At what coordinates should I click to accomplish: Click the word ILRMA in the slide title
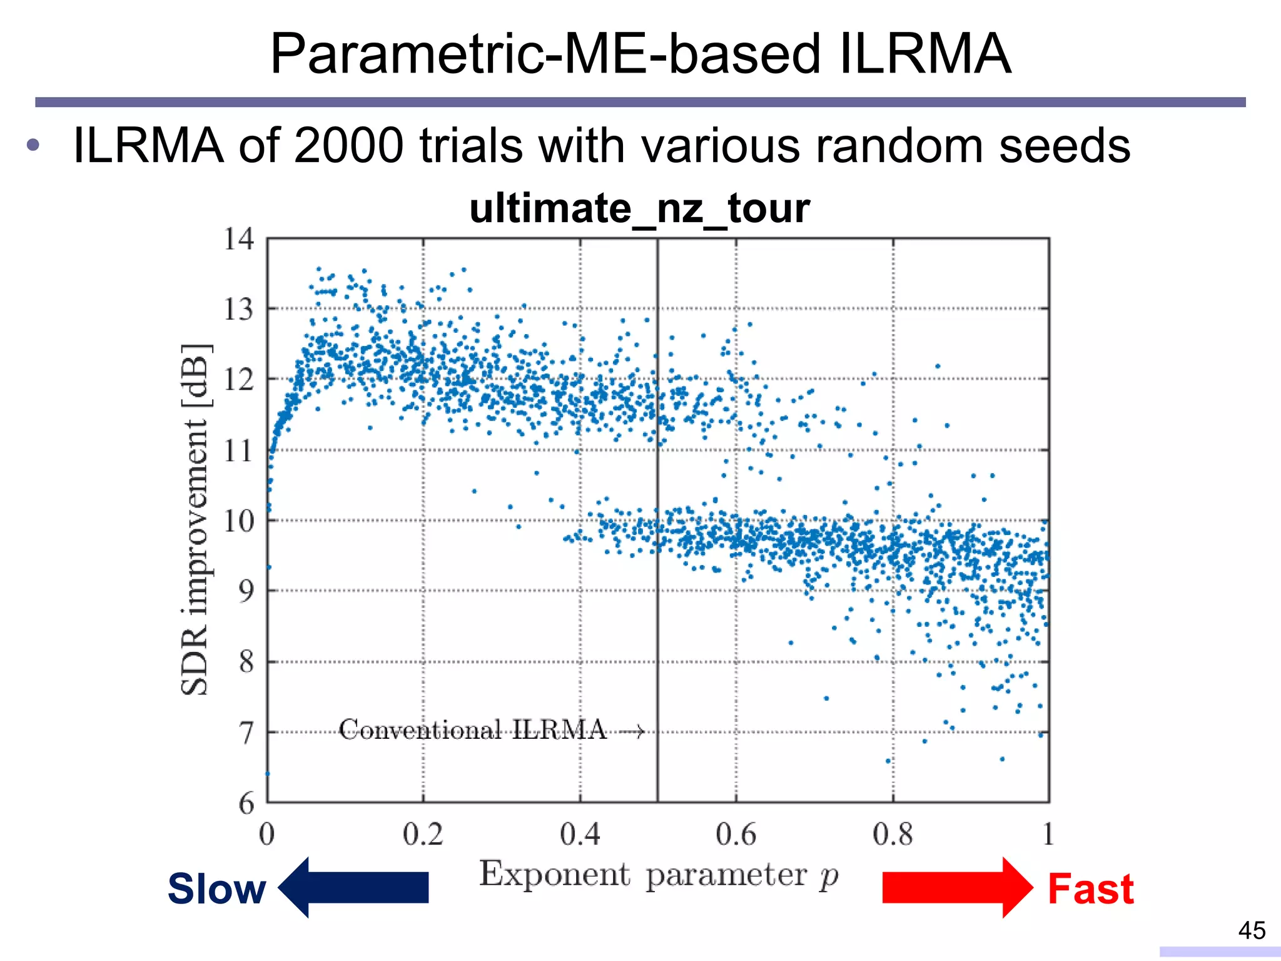[924, 54]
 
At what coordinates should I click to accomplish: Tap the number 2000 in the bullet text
[348, 146]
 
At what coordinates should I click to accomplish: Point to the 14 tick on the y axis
[239, 239]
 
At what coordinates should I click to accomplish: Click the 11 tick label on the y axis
[239, 450]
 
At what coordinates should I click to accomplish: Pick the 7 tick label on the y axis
[246, 733]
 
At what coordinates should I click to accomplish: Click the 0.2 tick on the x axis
[423, 835]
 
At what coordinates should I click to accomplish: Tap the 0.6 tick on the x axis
[736, 835]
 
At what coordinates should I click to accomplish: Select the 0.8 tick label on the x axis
[893, 835]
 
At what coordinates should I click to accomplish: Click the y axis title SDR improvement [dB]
[196, 519]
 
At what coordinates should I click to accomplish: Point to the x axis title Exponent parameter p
[658, 875]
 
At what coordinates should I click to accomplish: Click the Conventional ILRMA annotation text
[472, 730]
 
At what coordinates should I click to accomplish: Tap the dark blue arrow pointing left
[354, 887]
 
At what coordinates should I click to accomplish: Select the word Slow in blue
[216, 889]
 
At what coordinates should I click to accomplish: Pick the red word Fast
[1090, 889]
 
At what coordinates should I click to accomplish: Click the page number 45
[1252, 930]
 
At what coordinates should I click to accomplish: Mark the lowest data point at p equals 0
[268, 773]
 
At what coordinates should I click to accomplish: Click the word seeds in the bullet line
[1064, 146]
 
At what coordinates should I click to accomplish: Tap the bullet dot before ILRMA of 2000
[33, 146]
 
